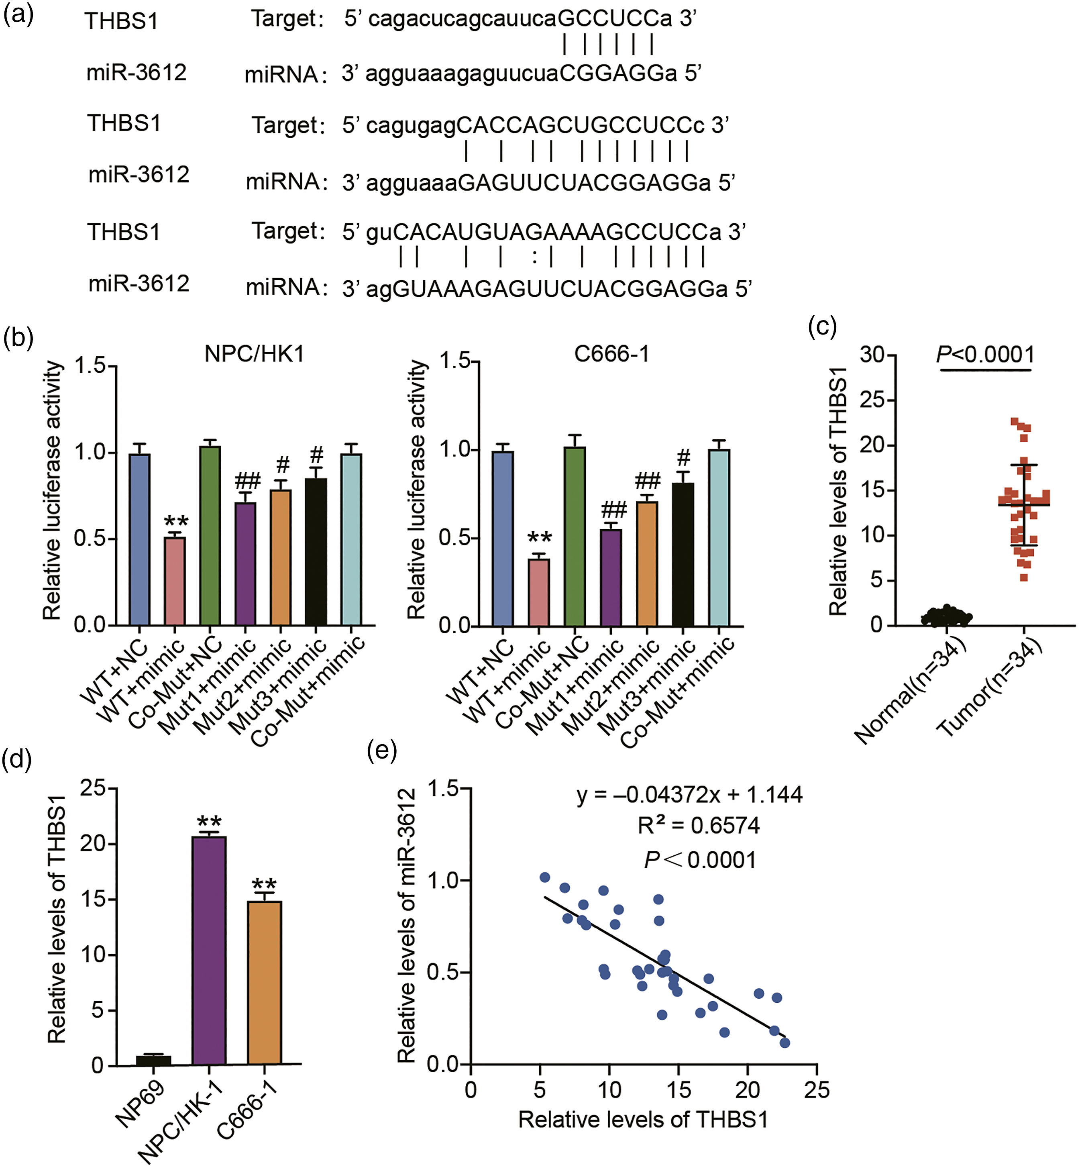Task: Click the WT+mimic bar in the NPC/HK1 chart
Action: click(x=175, y=581)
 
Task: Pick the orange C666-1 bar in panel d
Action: click(x=265, y=983)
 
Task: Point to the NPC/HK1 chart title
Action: click(x=255, y=354)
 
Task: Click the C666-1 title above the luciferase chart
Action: click(x=612, y=354)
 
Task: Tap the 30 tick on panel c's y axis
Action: click(x=871, y=355)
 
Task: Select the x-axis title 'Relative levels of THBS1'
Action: click(x=643, y=1120)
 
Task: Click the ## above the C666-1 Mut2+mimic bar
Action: click(x=648, y=481)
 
